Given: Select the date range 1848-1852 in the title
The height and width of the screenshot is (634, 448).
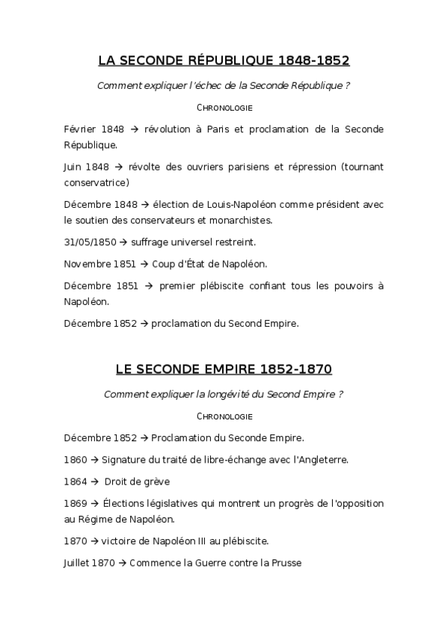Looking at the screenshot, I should pyautogui.click(x=313, y=59).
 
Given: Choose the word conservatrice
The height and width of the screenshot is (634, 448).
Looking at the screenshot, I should pyautogui.click(x=96, y=182).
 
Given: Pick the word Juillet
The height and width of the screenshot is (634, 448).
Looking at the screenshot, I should pyautogui.click(x=79, y=562).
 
